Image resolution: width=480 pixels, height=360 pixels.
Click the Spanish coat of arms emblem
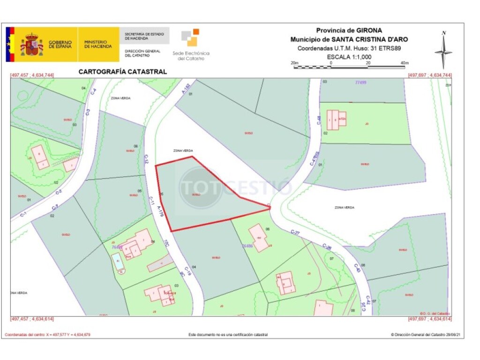tap(31, 45)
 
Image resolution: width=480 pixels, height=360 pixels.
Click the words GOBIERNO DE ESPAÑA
tap(60, 45)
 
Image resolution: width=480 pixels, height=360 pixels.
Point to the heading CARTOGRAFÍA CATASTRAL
tap(122, 72)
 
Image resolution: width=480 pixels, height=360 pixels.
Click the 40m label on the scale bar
tap(405, 62)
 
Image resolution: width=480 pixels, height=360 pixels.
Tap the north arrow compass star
tap(443, 52)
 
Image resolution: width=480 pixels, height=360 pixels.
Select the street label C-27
tap(295, 232)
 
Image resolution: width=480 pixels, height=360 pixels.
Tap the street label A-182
tap(186, 88)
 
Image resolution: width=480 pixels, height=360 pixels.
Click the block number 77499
tap(360, 82)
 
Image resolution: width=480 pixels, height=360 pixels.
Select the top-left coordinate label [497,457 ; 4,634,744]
tap(32, 75)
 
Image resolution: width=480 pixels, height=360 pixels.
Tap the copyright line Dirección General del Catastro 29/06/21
tap(420, 335)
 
